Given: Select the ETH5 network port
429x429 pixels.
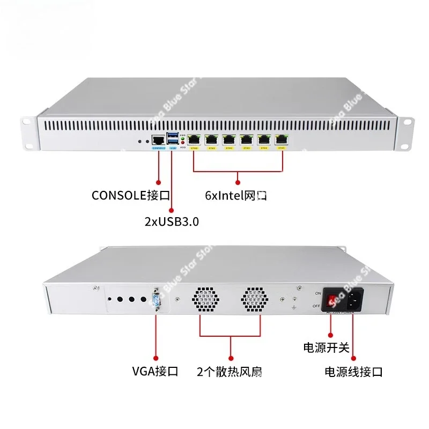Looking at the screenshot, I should (281, 139).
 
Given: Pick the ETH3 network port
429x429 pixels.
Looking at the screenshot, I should (247, 139).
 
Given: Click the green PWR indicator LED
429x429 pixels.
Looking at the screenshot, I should (183, 138).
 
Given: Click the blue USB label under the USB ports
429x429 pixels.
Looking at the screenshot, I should (172, 147).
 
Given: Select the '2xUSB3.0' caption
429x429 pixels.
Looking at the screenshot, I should (172, 220).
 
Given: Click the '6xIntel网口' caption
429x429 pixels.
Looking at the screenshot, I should (236, 196).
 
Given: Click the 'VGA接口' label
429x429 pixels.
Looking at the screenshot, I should (155, 371).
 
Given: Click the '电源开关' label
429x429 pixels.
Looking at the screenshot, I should (327, 347).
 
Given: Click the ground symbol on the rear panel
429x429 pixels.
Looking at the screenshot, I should (294, 308).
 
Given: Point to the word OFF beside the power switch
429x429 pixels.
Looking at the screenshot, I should (317, 306).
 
